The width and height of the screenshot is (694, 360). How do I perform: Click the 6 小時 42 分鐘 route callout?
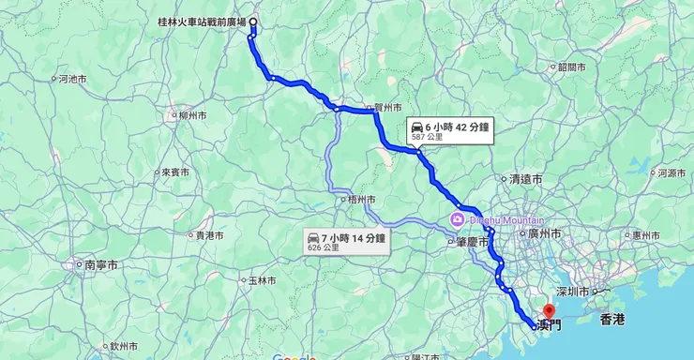tap(449, 130)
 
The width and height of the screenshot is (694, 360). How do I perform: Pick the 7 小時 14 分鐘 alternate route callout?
tap(346, 243)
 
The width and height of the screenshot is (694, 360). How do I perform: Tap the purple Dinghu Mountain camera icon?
tap(457, 220)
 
